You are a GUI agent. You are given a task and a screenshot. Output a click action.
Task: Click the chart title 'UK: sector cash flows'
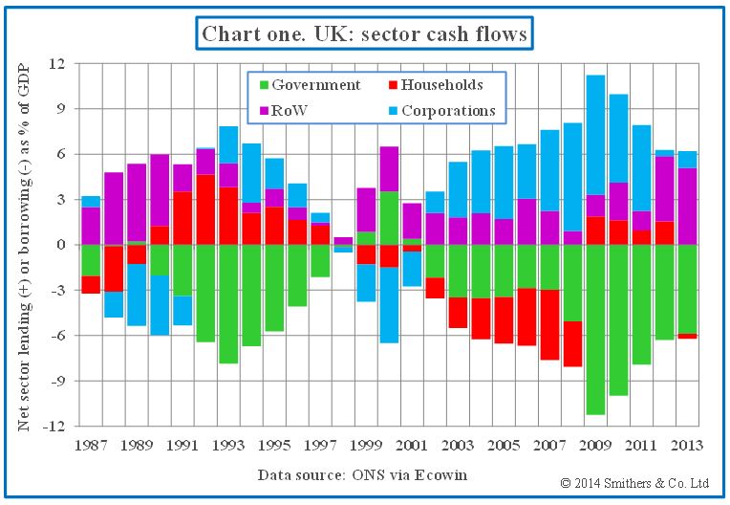pyautogui.click(x=364, y=35)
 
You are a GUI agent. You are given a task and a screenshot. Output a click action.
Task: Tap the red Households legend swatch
pyautogui.click(x=391, y=85)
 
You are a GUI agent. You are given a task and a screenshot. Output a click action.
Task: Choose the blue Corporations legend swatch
pyautogui.click(x=391, y=111)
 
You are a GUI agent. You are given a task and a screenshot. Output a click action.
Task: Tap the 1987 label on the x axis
pyautogui.click(x=92, y=445)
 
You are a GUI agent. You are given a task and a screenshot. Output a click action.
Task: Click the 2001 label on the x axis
pyautogui.click(x=412, y=445)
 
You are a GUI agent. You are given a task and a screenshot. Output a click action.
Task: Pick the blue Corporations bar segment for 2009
pyautogui.click(x=596, y=135)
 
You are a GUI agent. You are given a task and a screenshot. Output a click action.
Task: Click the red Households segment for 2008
pyautogui.click(x=573, y=343)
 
